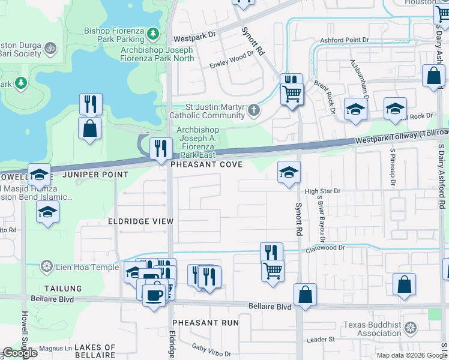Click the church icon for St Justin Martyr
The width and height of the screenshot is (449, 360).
tap(255, 110)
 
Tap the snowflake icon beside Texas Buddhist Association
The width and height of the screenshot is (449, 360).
tap(411, 328)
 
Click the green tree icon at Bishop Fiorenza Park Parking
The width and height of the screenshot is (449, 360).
tap(153, 32)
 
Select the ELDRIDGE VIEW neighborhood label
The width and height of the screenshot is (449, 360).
tap(140, 221)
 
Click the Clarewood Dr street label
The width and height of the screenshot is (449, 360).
tap(327, 247)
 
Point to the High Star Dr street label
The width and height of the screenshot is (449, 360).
tap(322, 191)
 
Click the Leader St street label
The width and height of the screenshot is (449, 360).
tap(321, 340)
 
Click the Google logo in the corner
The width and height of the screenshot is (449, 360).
tap(20, 353)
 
